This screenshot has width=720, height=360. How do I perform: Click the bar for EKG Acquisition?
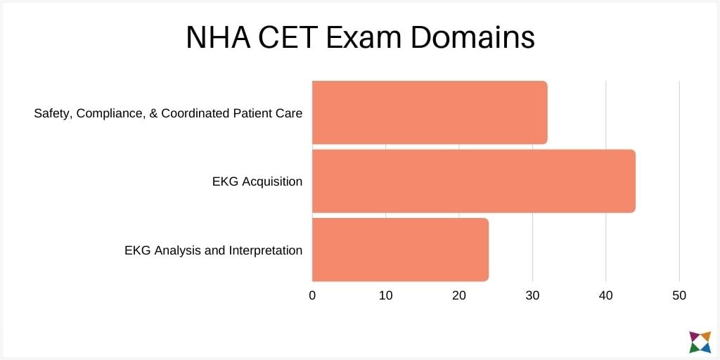[x=473, y=181]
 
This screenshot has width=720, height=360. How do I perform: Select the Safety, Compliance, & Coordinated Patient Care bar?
[x=429, y=112]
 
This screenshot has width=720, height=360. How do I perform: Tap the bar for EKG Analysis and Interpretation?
[x=399, y=250]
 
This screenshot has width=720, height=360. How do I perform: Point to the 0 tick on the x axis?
[x=312, y=295]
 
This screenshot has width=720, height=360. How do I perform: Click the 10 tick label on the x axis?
[x=385, y=295]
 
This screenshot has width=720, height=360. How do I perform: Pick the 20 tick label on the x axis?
[x=459, y=295]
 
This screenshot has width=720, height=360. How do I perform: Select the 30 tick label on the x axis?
[x=532, y=295]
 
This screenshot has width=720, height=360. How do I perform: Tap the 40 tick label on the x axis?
[x=606, y=295]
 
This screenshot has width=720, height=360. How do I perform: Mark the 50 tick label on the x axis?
[x=679, y=295]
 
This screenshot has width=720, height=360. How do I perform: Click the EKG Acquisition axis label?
[x=257, y=181]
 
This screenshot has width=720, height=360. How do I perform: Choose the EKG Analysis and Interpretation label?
[x=214, y=250]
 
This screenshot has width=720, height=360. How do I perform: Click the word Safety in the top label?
[x=51, y=113]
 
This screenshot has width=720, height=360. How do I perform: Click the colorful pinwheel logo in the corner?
[x=700, y=341]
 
